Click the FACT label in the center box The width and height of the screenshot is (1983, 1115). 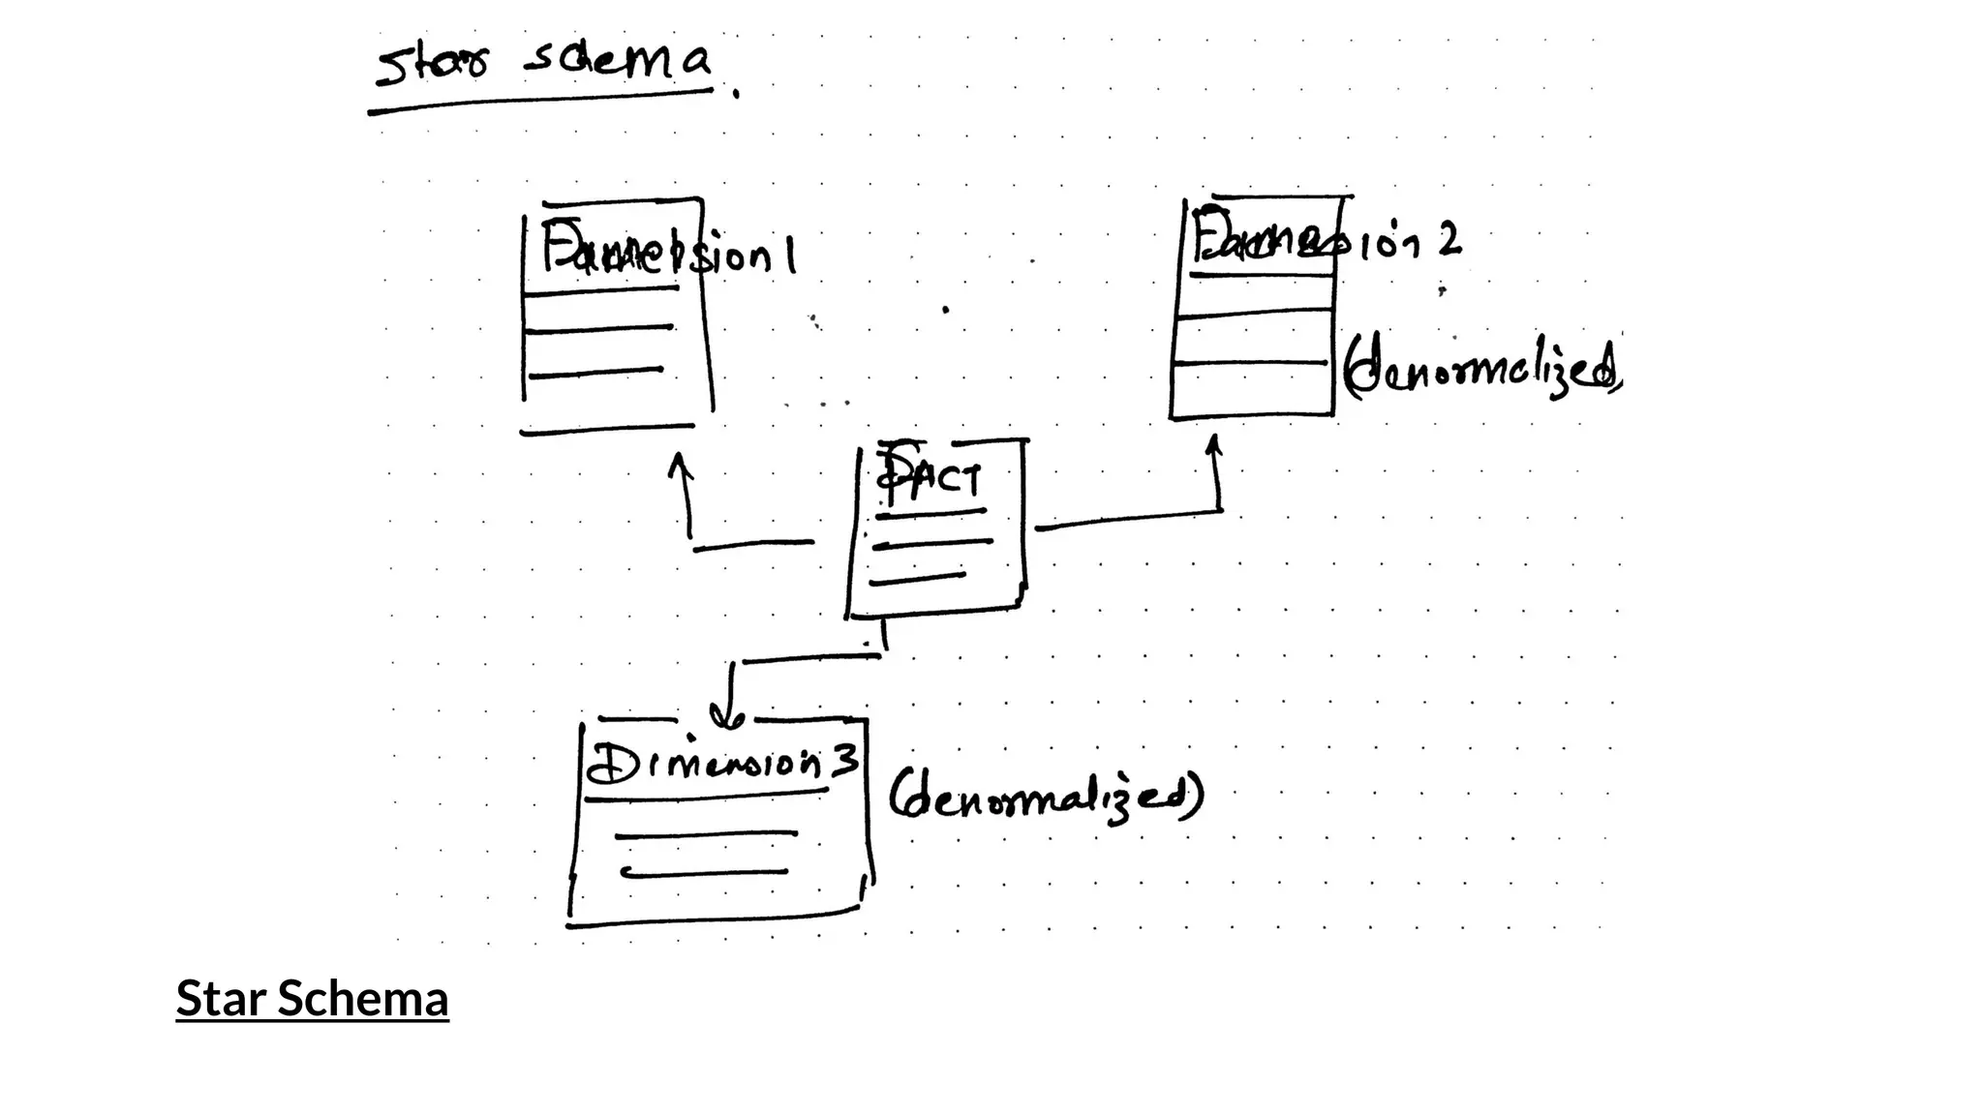pos(930,477)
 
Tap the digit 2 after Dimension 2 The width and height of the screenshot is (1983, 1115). pos(1449,239)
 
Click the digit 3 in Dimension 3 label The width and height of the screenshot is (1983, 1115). pos(845,761)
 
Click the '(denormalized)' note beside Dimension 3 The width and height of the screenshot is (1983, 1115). pos(1046,797)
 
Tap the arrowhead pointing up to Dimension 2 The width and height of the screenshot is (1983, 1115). pos(1213,444)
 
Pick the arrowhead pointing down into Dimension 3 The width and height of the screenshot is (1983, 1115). pos(727,717)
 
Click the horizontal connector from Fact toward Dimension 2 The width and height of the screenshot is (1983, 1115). pos(1128,519)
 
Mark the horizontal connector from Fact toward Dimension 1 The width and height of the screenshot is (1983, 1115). pos(753,545)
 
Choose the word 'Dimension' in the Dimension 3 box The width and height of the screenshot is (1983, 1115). pos(703,765)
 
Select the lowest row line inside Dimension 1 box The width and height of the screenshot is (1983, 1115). pos(596,372)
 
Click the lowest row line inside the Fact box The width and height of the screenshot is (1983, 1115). pos(917,579)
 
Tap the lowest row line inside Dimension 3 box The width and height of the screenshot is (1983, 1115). pos(704,872)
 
